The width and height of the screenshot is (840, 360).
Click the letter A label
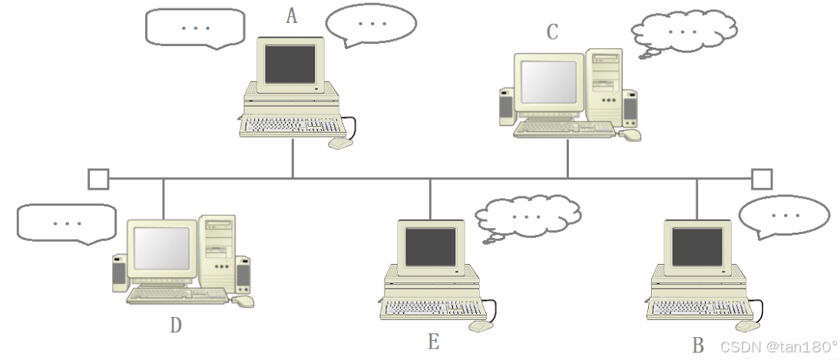pyautogui.click(x=292, y=15)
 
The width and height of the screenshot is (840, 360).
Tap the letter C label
pyautogui.click(x=552, y=31)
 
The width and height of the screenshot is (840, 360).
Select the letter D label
pyautogui.click(x=176, y=325)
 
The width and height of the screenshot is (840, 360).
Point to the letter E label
pyautogui.click(x=434, y=342)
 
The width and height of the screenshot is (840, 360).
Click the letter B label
pyautogui.click(x=698, y=345)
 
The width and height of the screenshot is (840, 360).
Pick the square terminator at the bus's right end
pyautogui.click(x=761, y=179)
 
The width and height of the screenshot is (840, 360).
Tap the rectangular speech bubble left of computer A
pyautogui.click(x=195, y=27)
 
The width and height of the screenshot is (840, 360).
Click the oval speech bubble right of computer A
pyautogui.click(x=372, y=24)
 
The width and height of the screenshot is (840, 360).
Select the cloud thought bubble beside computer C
pyautogui.click(x=683, y=31)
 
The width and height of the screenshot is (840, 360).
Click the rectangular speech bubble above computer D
pyautogui.click(x=68, y=223)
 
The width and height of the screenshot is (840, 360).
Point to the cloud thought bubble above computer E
pyautogui.click(x=527, y=216)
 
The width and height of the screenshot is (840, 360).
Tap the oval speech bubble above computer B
pyautogui.click(x=784, y=216)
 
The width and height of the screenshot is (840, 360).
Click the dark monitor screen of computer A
pyautogui.click(x=290, y=64)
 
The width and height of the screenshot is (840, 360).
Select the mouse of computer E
pyautogui.click(x=480, y=325)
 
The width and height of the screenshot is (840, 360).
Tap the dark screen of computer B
pyautogui.click(x=697, y=246)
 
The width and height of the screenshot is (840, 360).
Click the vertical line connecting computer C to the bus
pyautogui.click(x=568, y=159)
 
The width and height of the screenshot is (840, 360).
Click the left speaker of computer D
pyautogui.click(x=119, y=273)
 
